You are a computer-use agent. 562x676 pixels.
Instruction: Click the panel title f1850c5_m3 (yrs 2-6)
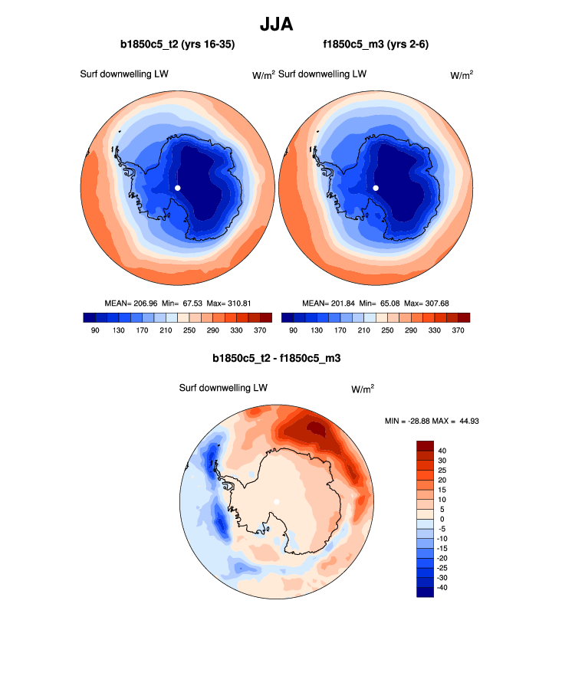pos(376,45)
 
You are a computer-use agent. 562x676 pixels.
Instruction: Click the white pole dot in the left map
pos(177,188)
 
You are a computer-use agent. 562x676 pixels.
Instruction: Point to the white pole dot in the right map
pos(376,188)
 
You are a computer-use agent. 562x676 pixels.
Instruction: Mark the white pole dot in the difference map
pos(277,502)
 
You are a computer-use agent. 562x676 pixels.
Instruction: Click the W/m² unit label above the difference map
pos(363,389)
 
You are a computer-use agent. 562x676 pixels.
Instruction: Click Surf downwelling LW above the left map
pos(124,74)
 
